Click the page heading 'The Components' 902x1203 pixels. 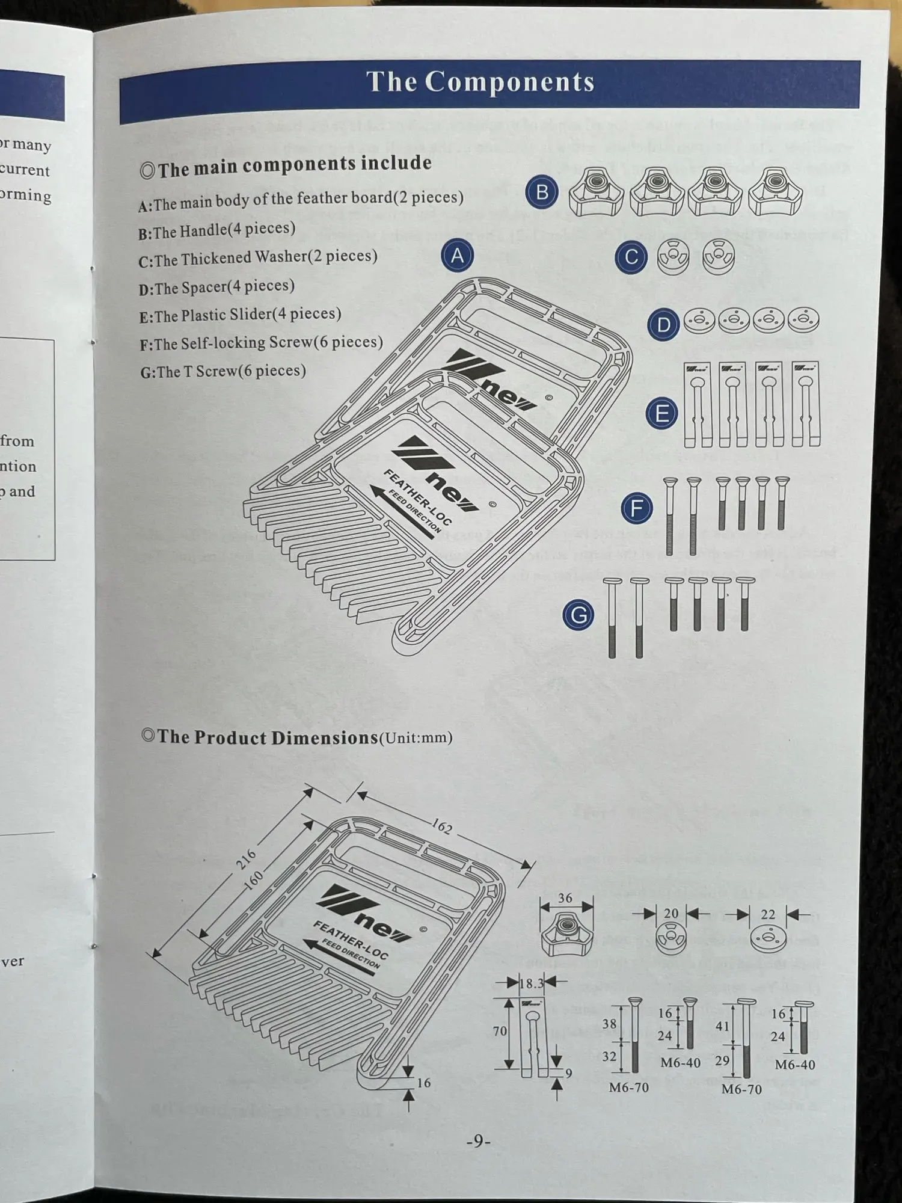coord(480,82)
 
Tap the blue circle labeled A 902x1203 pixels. coord(457,256)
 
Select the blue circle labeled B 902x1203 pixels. coord(541,192)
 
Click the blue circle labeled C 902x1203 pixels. coord(631,258)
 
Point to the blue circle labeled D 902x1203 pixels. coord(663,325)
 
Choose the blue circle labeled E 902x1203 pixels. coord(661,414)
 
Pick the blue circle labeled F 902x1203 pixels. coord(636,508)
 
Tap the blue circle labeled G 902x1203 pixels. coord(578,615)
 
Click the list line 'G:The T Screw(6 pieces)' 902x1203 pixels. coord(223,372)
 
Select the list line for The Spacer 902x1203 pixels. coord(216,287)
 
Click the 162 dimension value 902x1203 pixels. coord(442,827)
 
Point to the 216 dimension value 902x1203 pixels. coord(245,859)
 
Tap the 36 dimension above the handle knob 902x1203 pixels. coord(565,899)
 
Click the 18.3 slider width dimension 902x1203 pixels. coord(531,983)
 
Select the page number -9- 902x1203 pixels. coord(478,1141)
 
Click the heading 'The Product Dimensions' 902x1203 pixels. coord(268,738)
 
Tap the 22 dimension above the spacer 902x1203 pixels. coord(768,915)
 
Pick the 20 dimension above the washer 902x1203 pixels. coord(670,914)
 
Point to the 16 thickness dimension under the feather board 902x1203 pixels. coord(424,1083)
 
